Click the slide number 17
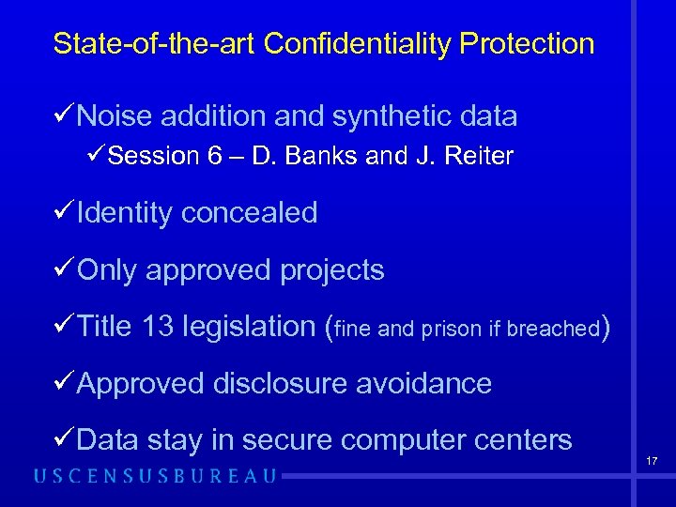[652, 461]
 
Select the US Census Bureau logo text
[156, 476]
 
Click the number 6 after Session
[218, 157]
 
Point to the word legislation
[250, 327]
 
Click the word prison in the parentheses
[452, 330]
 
